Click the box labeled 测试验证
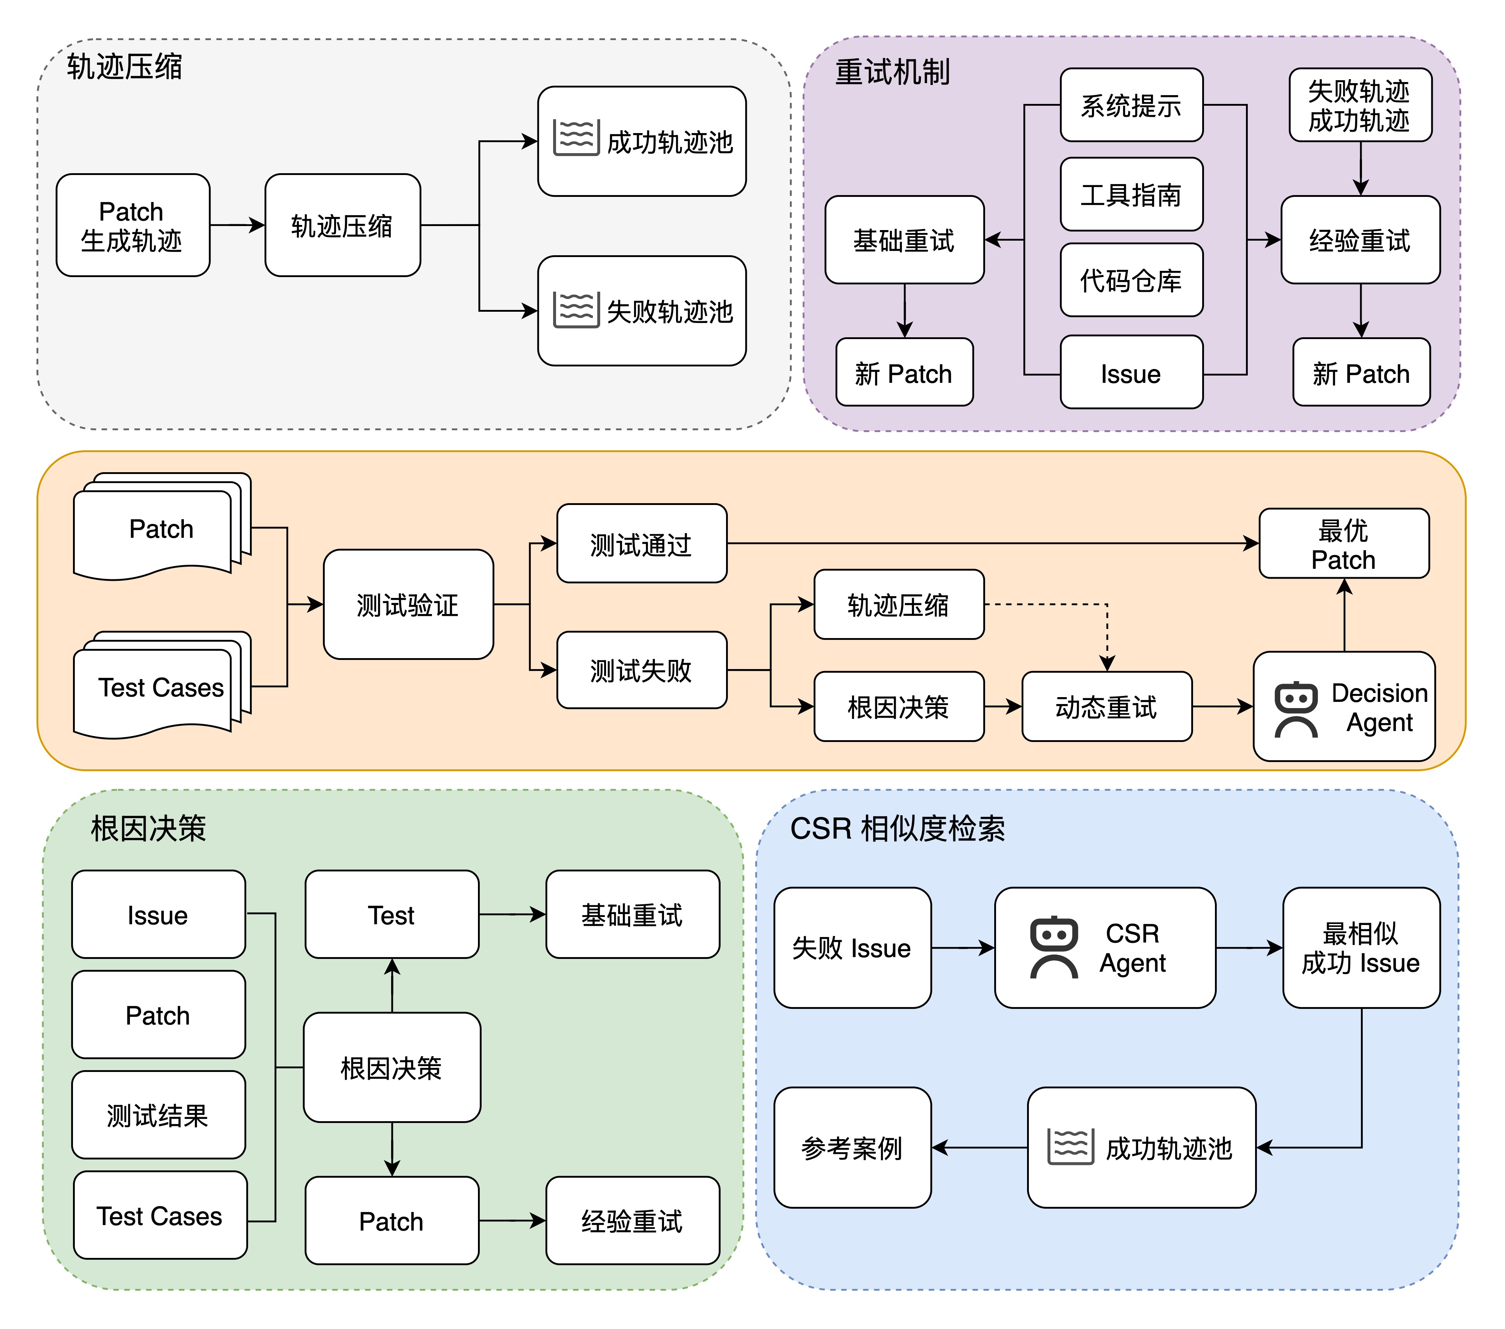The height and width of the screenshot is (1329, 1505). coord(408,604)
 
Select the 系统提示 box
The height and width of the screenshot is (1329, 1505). coord(1131,105)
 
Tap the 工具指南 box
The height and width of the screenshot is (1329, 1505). coord(1131,194)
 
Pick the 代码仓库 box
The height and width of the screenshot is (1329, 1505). coord(1131,280)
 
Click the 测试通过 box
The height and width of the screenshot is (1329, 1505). coord(641,544)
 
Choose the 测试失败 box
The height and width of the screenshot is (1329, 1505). coord(641,670)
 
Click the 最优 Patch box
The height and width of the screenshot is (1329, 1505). coord(1344,544)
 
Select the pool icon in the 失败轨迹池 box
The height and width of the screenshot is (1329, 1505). coord(576,310)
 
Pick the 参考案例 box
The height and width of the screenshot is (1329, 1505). coord(852,1147)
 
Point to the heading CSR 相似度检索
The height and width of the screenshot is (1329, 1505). coord(897,829)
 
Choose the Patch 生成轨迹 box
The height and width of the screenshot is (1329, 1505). coord(132,225)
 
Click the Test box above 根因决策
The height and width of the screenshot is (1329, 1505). coord(392,915)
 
